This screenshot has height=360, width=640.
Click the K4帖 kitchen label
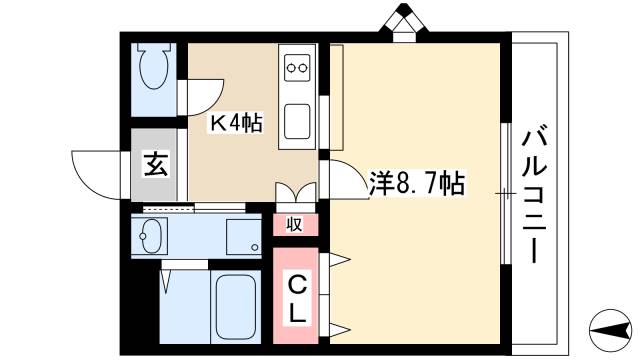235,124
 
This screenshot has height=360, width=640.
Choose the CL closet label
297,297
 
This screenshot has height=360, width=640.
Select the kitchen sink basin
298,120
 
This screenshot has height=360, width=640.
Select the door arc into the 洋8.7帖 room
340,180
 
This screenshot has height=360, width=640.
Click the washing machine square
243,237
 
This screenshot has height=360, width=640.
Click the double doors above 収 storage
295,194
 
